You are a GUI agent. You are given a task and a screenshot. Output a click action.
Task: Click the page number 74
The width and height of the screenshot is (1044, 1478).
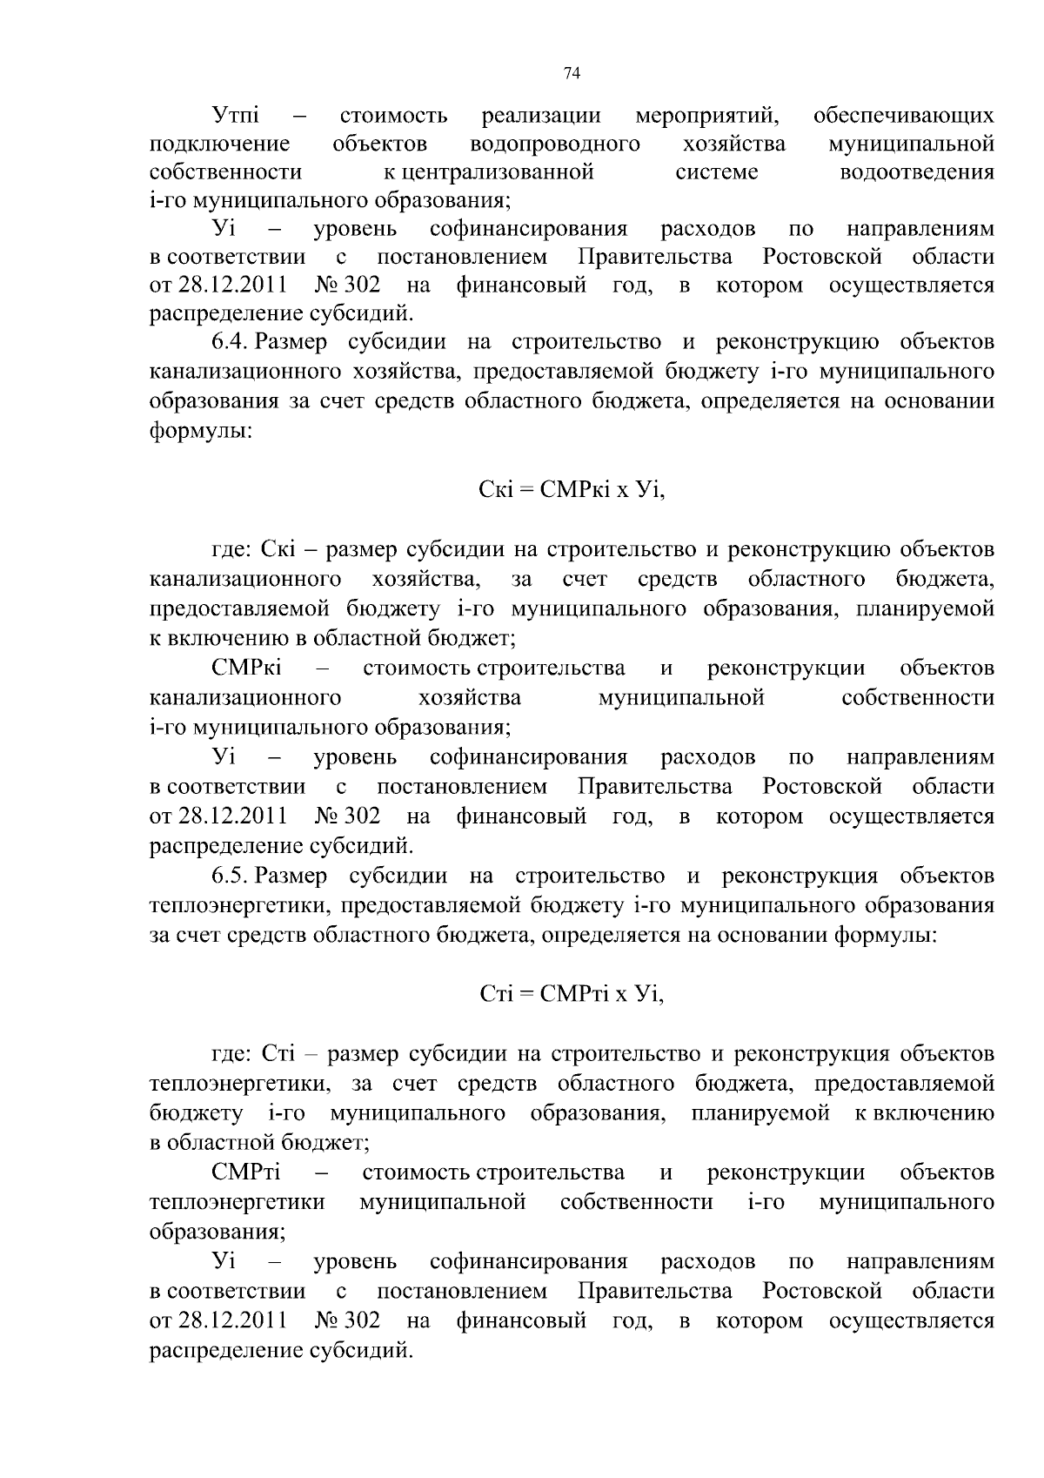(x=572, y=74)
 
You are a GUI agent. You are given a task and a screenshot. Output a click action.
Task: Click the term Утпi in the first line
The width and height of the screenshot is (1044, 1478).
(x=241, y=114)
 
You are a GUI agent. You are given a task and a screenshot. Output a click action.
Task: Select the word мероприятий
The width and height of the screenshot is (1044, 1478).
(x=706, y=114)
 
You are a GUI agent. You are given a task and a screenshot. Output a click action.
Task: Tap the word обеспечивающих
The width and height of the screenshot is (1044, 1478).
(x=903, y=114)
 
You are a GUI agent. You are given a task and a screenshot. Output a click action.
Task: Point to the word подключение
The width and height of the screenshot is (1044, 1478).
(x=220, y=143)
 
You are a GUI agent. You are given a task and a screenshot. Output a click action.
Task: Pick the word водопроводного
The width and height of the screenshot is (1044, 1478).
(x=554, y=143)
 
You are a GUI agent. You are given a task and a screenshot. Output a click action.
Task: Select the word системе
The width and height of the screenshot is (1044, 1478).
(x=717, y=172)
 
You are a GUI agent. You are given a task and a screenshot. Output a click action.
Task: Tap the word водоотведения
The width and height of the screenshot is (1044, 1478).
(x=917, y=172)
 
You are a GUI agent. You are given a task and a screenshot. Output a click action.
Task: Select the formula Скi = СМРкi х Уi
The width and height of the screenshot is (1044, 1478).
(x=572, y=490)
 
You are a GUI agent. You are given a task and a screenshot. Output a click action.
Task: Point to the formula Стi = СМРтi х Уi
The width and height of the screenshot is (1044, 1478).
(x=572, y=994)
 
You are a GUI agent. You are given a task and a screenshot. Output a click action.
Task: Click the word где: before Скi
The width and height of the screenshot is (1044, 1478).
(x=232, y=550)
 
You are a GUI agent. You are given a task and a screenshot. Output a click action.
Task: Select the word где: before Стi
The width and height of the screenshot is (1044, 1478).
(x=232, y=1054)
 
